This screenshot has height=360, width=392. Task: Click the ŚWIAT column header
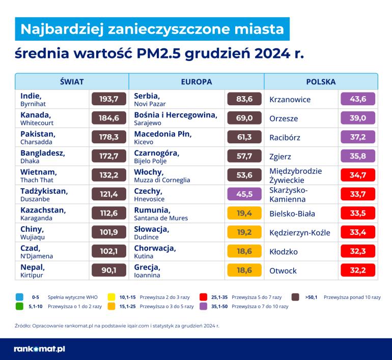pos(71,81)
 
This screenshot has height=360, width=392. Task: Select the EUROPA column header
pos(197,81)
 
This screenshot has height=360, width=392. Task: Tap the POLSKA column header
pos(321,81)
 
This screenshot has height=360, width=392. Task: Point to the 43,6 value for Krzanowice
pos(357,99)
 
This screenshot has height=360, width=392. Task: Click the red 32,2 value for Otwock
pos(357,271)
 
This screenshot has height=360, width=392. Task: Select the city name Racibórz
pos(285,137)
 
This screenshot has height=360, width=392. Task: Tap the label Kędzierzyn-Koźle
pos(299,233)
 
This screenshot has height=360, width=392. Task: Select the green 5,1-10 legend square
pos(19,307)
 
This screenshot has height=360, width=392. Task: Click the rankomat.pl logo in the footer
pos(39,349)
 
